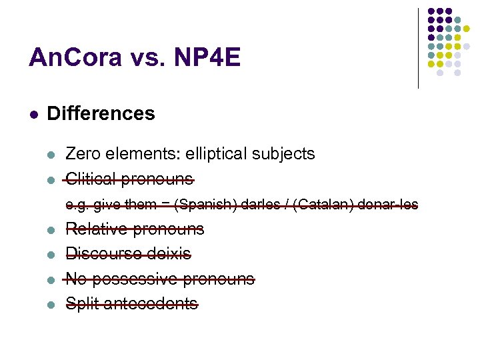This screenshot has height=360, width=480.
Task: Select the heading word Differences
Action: coord(101,113)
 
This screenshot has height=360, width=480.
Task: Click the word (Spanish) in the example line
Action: coord(202,205)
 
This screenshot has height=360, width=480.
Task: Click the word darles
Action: coord(254,205)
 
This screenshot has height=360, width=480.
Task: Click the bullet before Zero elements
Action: coord(50,155)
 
